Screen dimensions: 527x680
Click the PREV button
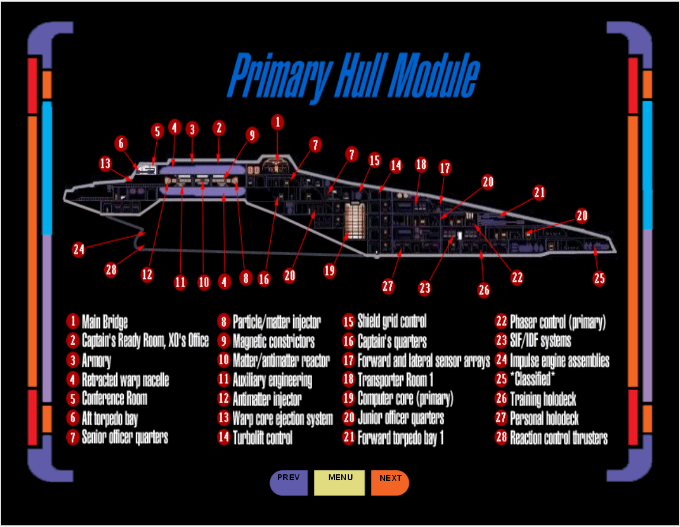[288, 482]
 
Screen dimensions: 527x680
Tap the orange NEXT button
[390, 482]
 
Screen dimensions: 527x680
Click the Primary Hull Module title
[353, 75]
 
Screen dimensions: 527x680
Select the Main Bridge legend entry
[104, 322]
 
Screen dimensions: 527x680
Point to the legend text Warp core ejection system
[283, 418]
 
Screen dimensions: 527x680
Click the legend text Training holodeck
[543, 399]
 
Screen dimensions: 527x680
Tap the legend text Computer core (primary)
[405, 399]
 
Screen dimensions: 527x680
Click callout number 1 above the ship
[277, 123]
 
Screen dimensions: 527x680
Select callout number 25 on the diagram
[599, 278]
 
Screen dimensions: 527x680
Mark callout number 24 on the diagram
[79, 249]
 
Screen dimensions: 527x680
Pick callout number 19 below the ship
[330, 271]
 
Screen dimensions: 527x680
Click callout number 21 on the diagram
[538, 192]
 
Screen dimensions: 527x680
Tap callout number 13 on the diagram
[105, 163]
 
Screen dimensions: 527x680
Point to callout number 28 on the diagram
[111, 270]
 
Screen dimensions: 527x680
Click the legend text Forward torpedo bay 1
[400, 438]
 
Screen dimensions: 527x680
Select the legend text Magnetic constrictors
[273, 341]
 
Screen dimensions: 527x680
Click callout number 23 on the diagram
[425, 288]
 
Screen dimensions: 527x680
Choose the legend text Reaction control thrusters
[559, 438]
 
